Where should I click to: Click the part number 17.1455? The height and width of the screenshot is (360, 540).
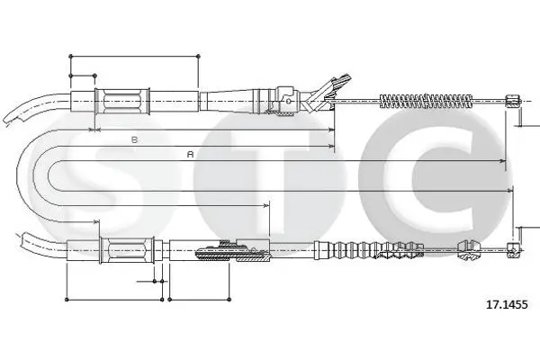coord(506,304)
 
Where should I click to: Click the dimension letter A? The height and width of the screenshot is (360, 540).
coord(190,154)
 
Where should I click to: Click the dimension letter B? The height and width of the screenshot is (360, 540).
coord(134,139)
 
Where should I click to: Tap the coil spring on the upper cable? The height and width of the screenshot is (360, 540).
coord(426,101)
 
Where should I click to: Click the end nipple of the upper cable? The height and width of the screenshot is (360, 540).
coord(512,101)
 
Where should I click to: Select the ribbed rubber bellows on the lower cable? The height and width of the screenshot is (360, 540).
coord(368,249)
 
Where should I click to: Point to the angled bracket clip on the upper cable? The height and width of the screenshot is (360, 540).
coord(328,93)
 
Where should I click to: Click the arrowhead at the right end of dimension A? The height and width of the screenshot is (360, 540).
coord(503,161)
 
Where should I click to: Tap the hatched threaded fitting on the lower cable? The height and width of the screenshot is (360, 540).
coord(232,251)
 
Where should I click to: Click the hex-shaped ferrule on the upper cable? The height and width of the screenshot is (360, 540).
coord(122,101)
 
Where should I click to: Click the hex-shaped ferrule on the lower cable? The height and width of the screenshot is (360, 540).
coord(127,250)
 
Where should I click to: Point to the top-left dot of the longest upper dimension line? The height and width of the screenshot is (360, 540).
coord(70,56)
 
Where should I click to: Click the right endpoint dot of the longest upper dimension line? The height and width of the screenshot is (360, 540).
coord(198,56)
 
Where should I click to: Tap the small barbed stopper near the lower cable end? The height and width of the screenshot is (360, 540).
coord(468,249)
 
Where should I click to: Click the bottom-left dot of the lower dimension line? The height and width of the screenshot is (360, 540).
coord(67,300)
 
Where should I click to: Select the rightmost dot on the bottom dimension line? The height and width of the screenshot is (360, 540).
coord(229,300)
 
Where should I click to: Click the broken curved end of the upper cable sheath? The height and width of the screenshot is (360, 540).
coord(13,118)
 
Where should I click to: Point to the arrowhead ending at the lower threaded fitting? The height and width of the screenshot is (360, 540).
coord(266,206)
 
